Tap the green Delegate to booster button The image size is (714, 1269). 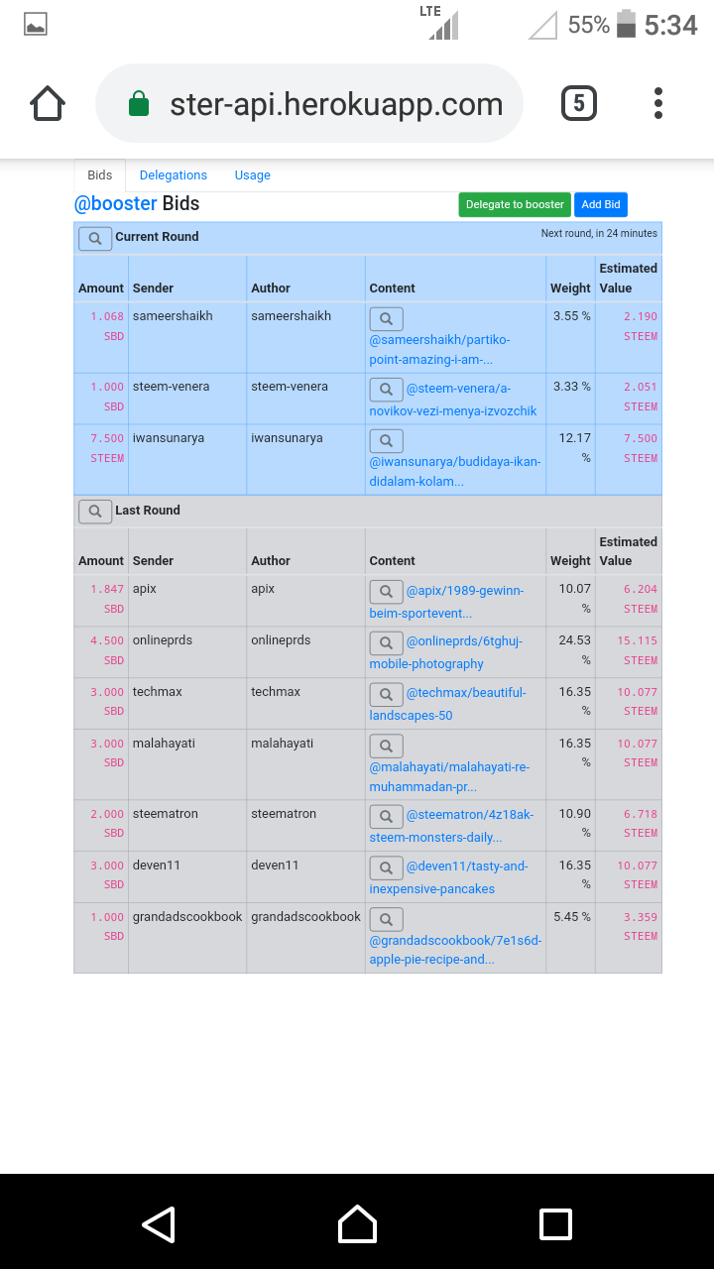(x=515, y=204)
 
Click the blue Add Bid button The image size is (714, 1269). (x=600, y=204)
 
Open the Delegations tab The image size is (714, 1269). (x=174, y=175)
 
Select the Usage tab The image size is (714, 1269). (x=252, y=175)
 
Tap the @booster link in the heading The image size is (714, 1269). (x=115, y=204)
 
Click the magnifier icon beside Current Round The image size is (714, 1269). (x=95, y=238)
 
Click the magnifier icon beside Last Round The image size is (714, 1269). (x=95, y=511)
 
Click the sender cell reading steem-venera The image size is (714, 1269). (x=172, y=387)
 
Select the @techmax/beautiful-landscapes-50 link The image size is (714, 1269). (x=465, y=693)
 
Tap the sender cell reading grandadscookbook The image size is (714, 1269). (x=187, y=917)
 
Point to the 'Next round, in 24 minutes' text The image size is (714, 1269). (x=599, y=234)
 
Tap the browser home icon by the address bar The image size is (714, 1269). (x=48, y=104)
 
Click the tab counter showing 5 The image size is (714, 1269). (x=579, y=104)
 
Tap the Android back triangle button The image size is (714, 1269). (x=159, y=1223)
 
